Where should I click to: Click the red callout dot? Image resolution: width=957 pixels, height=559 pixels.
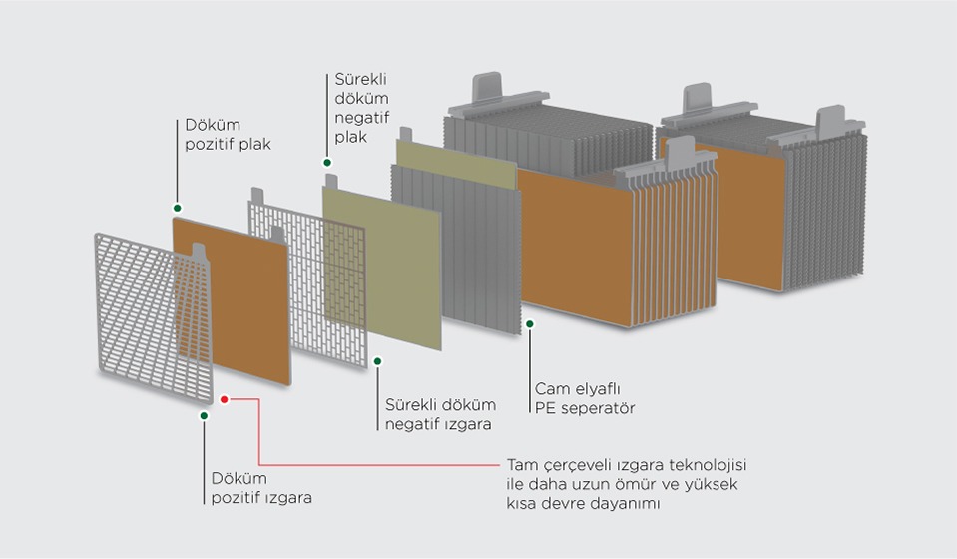224,399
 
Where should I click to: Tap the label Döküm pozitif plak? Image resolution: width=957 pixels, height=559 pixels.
228,134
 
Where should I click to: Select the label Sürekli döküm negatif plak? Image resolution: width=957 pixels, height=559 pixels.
361,108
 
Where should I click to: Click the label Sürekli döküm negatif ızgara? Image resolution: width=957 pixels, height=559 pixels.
440,414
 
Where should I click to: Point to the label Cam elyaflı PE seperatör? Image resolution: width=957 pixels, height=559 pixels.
585,398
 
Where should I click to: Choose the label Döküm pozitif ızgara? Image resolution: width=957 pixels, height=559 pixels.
261,487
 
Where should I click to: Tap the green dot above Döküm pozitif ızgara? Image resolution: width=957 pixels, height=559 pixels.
204,415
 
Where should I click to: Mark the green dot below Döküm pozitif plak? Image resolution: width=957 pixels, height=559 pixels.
177,208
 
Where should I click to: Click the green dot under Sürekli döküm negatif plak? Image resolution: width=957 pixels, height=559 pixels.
327,163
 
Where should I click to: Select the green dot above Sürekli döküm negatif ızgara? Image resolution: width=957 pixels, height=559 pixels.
378,361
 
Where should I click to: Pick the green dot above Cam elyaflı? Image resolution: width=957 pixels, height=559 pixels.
530,324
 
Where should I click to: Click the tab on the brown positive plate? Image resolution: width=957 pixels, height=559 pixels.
200,251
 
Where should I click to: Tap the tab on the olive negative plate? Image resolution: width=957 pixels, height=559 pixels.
331,181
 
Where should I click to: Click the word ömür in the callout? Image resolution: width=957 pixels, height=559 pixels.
637,484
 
